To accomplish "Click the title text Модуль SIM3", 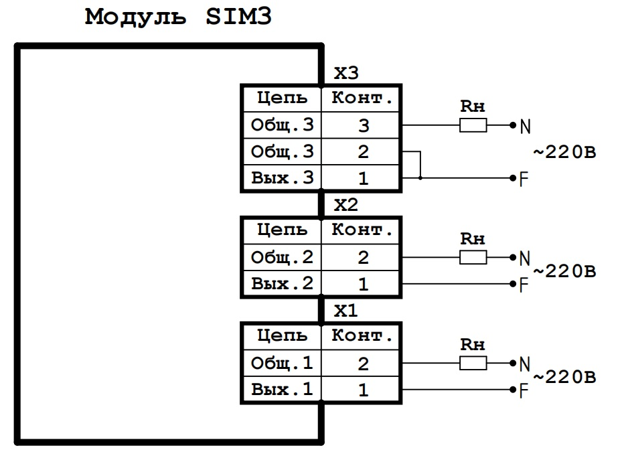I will pyautogui.click(x=178, y=17).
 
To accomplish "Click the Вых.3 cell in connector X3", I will pyautogui.click(x=282, y=178).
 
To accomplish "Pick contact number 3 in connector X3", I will pyautogui.click(x=362, y=125).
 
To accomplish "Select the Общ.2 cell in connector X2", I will pyautogui.click(x=282, y=257).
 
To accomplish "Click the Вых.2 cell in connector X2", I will pyautogui.click(x=282, y=284).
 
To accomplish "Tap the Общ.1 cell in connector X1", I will pyautogui.click(x=282, y=364).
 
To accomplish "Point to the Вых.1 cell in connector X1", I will pyautogui.click(x=282, y=390).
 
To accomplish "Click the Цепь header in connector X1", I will pyautogui.click(x=282, y=336).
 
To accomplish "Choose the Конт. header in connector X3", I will pyautogui.click(x=362, y=98).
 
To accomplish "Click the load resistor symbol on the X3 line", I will pyautogui.click(x=473, y=125).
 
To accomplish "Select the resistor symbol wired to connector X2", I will pyautogui.click(x=473, y=257).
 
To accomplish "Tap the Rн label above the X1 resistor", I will pyautogui.click(x=473, y=346).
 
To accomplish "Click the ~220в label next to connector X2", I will pyautogui.click(x=564, y=272).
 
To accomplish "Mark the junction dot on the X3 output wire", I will pyautogui.click(x=420, y=178).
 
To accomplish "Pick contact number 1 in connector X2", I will pyautogui.click(x=362, y=284).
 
